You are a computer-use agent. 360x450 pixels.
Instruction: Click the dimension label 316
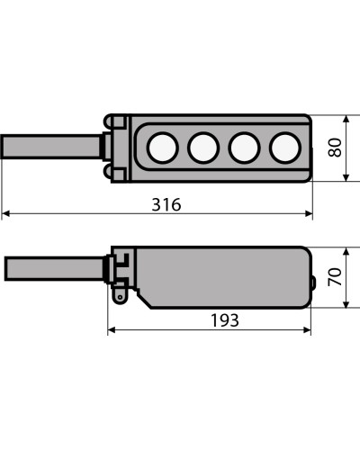click(x=166, y=204)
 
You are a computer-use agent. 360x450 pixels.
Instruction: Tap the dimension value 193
click(x=225, y=320)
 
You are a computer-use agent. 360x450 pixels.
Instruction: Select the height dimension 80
click(x=335, y=148)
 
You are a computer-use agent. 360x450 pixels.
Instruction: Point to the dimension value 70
click(x=335, y=276)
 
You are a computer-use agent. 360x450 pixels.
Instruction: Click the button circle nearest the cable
click(x=163, y=148)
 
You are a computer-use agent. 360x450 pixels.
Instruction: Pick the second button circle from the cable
click(x=203, y=148)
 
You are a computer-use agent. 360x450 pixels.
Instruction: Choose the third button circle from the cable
click(x=244, y=148)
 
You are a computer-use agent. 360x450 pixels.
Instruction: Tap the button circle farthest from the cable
click(x=285, y=148)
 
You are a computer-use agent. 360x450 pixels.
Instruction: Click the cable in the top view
click(x=51, y=147)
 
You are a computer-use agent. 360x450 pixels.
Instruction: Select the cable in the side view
click(x=55, y=268)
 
